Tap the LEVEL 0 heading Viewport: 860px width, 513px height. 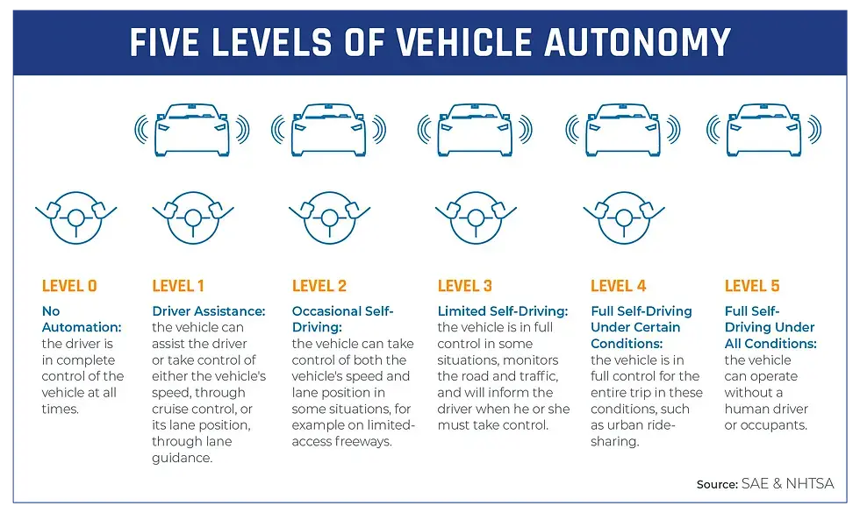(69, 286)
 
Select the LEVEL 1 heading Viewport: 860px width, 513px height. (178, 286)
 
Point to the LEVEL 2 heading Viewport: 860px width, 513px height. (319, 286)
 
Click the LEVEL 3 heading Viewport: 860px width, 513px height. (465, 286)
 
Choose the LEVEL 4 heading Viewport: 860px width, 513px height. (619, 286)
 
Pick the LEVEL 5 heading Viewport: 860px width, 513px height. (752, 286)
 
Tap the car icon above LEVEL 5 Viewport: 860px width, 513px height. (763, 129)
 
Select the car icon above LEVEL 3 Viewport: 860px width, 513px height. (475, 129)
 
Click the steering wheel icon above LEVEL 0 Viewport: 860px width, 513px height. (75, 217)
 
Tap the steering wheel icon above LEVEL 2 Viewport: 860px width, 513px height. (329, 217)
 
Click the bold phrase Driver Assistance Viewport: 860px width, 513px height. (209, 311)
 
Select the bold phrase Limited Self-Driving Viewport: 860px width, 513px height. (503, 311)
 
